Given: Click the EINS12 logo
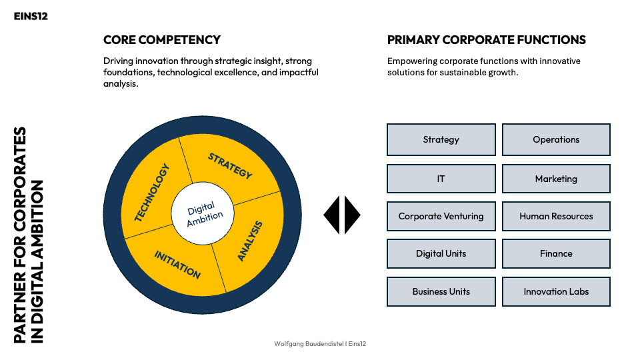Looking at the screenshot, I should pyautogui.click(x=31, y=16).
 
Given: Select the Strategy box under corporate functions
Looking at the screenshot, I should pyautogui.click(x=441, y=139).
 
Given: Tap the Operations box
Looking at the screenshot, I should pyautogui.click(x=556, y=139).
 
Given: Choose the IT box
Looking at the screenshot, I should pyautogui.click(x=441, y=179).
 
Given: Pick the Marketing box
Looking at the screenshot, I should pyautogui.click(x=556, y=179).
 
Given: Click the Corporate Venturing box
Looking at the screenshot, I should pyautogui.click(x=441, y=216).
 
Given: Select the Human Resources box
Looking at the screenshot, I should pyautogui.click(x=556, y=216).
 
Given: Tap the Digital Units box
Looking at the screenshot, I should pyautogui.click(x=441, y=253).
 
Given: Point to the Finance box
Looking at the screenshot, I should pyautogui.click(x=556, y=253).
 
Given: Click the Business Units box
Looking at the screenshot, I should pyautogui.click(x=441, y=291).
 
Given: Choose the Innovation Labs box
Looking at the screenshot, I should pyautogui.click(x=556, y=291).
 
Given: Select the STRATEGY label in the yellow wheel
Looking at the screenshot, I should pyautogui.click(x=230, y=166).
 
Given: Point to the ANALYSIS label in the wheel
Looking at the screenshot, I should pyautogui.click(x=250, y=241).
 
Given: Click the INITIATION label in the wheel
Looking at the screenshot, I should pyautogui.click(x=177, y=264).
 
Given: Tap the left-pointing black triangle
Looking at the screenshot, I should pyautogui.click(x=333, y=215).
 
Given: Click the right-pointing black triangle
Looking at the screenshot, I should pyautogui.click(x=352, y=215).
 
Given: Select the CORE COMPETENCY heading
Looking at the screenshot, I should pyautogui.click(x=162, y=40).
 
